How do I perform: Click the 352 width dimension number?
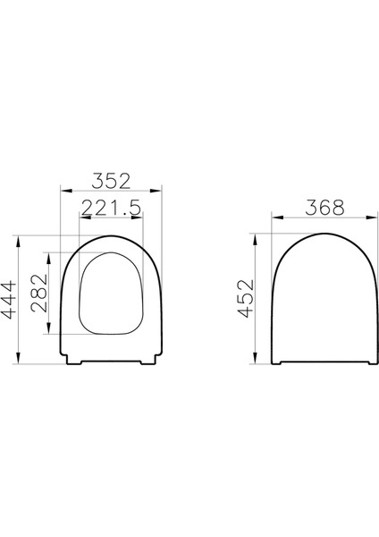tap(112, 178)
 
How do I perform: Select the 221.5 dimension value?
tap(112, 209)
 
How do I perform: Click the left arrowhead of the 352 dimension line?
tap(63, 189)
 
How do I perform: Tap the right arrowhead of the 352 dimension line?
tap(160, 189)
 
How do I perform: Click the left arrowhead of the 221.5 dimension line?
tap(81, 219)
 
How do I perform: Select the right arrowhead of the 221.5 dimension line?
tap(142, 219)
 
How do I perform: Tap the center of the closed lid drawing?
tap(319, 300)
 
